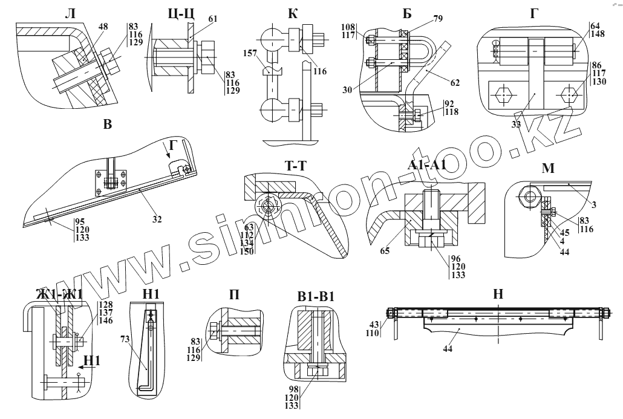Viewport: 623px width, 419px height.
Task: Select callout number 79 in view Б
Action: [x=438, y=19]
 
